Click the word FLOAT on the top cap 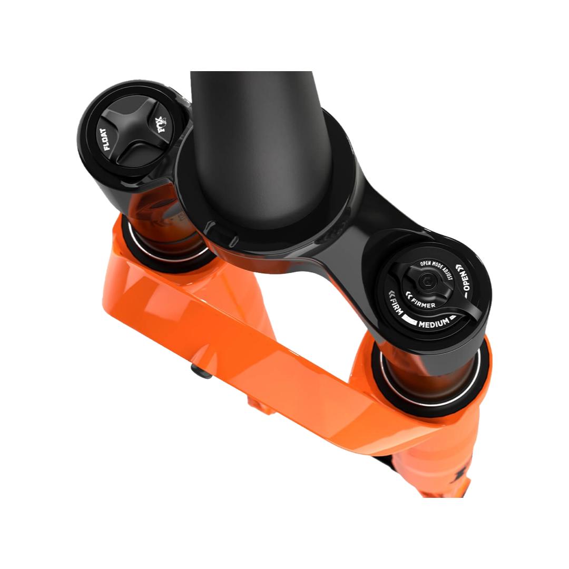point(105,139)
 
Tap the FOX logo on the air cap point(160,124)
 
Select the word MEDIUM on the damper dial point(434,323)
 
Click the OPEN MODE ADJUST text point(437,269)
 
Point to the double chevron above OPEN point(459,268)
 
